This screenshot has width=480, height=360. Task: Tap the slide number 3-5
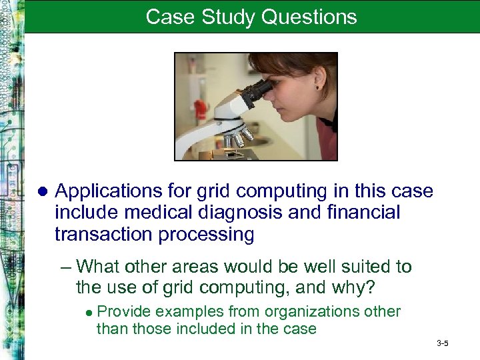click(442, 343)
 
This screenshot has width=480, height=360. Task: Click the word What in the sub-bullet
click(97, 267)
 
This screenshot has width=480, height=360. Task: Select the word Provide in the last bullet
click(122, 312)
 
